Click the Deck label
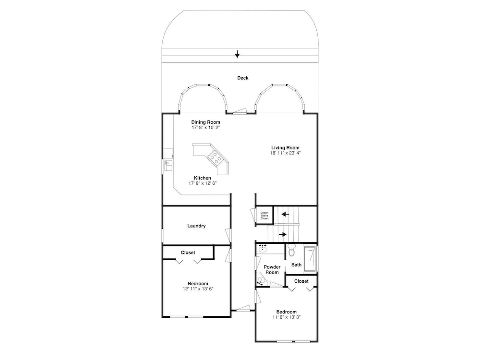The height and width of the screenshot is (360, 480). pyautogui.click(x=243, y=78)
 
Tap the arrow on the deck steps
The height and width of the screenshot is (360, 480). pyautogui.click(x=237, y=54)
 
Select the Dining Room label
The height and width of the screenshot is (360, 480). pyautogui.click(x=206, y=122)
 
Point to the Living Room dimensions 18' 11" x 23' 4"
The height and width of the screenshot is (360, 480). pyautogui.click(x=285, y=153)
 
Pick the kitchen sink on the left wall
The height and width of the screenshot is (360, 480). pyautogui.click(x=168, y=165)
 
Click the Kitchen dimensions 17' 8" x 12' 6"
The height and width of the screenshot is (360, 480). pyautogui.click(x=203, y=183)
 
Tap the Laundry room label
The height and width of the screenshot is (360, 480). pyautogui.click(x=196, y=226)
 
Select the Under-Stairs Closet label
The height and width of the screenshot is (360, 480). pyautogui.click(x=264, y=216)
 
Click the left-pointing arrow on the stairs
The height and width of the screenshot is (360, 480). pyautogui.click(x=285, y=214)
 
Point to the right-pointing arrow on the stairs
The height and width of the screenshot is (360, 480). pyautogui.click(x=283, y=235)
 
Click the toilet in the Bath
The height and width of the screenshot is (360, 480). pyautogui.click(x=291, y=251)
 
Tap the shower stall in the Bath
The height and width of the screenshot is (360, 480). pyautogui.click(x=310, y=259)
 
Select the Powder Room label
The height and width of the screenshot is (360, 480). pyautogui.click(x=272, y=270)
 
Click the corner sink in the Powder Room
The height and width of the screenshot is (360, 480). pyautogui.click(x=262, y=281)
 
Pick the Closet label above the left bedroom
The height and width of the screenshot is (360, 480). pyautogui.click(x=188, y=252)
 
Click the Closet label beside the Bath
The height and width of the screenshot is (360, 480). pyautogui.click(x=301, y=281)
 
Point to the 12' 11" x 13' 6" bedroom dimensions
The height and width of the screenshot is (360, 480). pyautogui.click(x=198, y=288)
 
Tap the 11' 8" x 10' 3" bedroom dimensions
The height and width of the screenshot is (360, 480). pyautogui.click(x=287, y=317)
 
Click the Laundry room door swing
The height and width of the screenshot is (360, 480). pyautogui.click(x=228, y=235)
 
